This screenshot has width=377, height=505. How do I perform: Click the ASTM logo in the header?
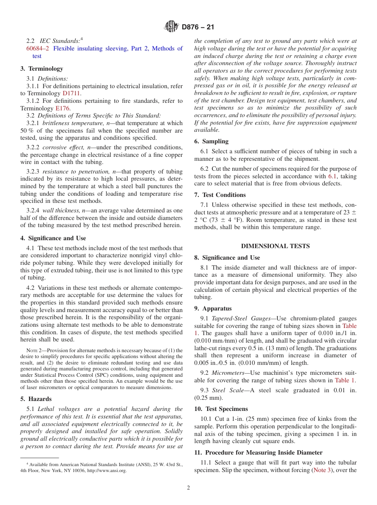point(171,27)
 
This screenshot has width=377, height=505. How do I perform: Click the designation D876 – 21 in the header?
point(198,27)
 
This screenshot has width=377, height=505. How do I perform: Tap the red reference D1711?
point(71,93)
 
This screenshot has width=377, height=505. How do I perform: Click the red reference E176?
point(62,108)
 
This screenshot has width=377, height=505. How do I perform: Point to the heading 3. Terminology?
point(42,69)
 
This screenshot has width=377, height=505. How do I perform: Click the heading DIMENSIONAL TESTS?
point(275,246)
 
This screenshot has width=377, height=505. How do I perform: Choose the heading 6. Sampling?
point(211,141)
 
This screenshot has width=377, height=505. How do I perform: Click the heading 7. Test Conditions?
point(220,195)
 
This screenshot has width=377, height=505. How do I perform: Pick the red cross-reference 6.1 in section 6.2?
point(333,176)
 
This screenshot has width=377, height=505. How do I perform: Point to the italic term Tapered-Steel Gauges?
point(236,318)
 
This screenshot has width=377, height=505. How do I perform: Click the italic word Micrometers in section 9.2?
point(229,373)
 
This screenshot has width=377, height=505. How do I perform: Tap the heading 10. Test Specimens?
point(221,409)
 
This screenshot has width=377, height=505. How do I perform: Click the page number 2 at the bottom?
point(188,488)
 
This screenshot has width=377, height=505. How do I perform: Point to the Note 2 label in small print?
point(33,351)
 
